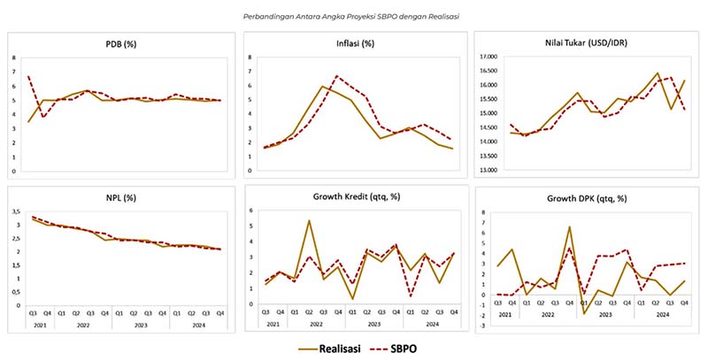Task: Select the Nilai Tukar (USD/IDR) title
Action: tap(590, 44)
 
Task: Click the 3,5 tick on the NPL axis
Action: tap(20, 212)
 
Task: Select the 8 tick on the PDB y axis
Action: tap(14, 58)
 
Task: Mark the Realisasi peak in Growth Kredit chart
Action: tap(308, 220)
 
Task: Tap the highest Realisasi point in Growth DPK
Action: tap(569, 227)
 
